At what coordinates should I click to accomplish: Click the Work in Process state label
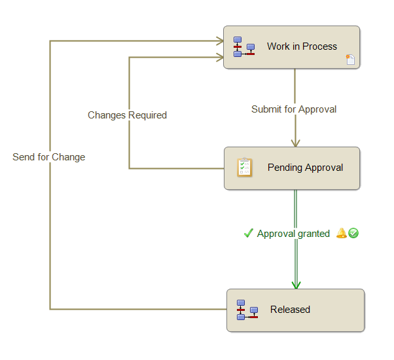(x=302, y=46)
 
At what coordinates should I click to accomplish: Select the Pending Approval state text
(x=305, y=168)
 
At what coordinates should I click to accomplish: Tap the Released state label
(x=290, y=310)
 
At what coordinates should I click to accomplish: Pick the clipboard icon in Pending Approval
(x=244, y=168)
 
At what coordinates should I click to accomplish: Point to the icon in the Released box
(x=247, y=310)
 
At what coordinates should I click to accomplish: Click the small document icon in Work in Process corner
(x=351, y=60)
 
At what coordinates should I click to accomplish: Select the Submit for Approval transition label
(x=294, y=109)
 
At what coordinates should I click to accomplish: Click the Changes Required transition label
(x=127, y=115)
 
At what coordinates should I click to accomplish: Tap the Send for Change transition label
(x=48, y=157)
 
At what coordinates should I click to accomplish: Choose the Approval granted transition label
(x=293, y=234)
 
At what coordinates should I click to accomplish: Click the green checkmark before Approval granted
(x=248, y=233)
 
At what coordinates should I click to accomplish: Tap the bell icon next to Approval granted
(x=341, y=233)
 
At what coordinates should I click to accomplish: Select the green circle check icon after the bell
(x=353, y=233)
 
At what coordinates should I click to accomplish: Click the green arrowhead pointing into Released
(x=296, y=285)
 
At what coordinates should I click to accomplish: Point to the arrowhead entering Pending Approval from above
(x=295, y=143)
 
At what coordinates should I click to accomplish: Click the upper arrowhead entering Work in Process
(x=220, y=41)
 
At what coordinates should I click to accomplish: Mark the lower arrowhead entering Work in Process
(x=220, y=58)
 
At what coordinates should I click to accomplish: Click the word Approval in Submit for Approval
(x=317, y=109)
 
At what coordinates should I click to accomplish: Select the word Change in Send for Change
(x=70, y=157)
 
